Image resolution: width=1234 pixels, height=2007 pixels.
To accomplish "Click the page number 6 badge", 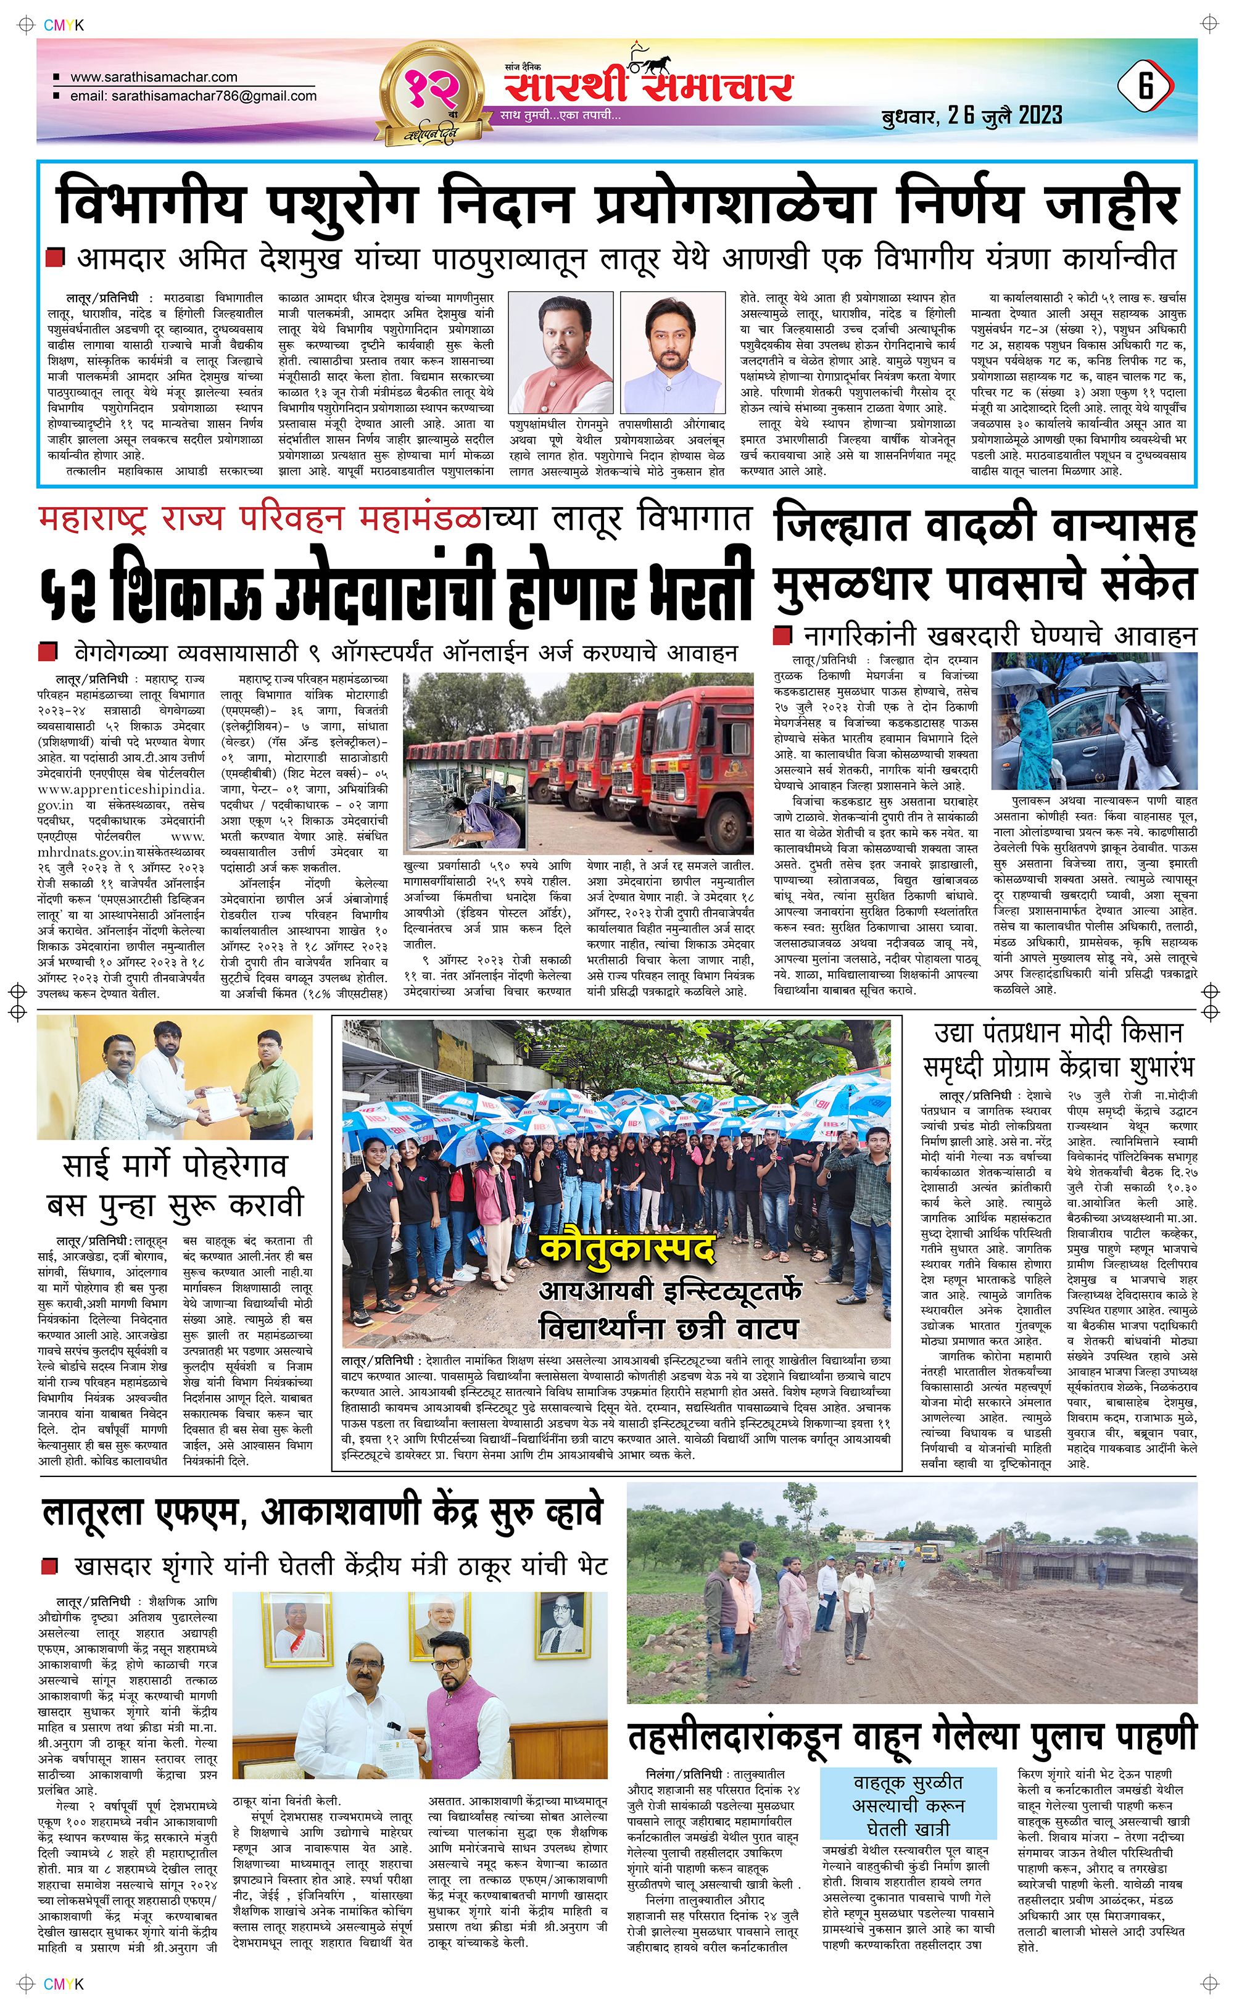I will [1146, 86].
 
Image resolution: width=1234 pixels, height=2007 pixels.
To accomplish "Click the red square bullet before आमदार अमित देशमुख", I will [56, 259].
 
